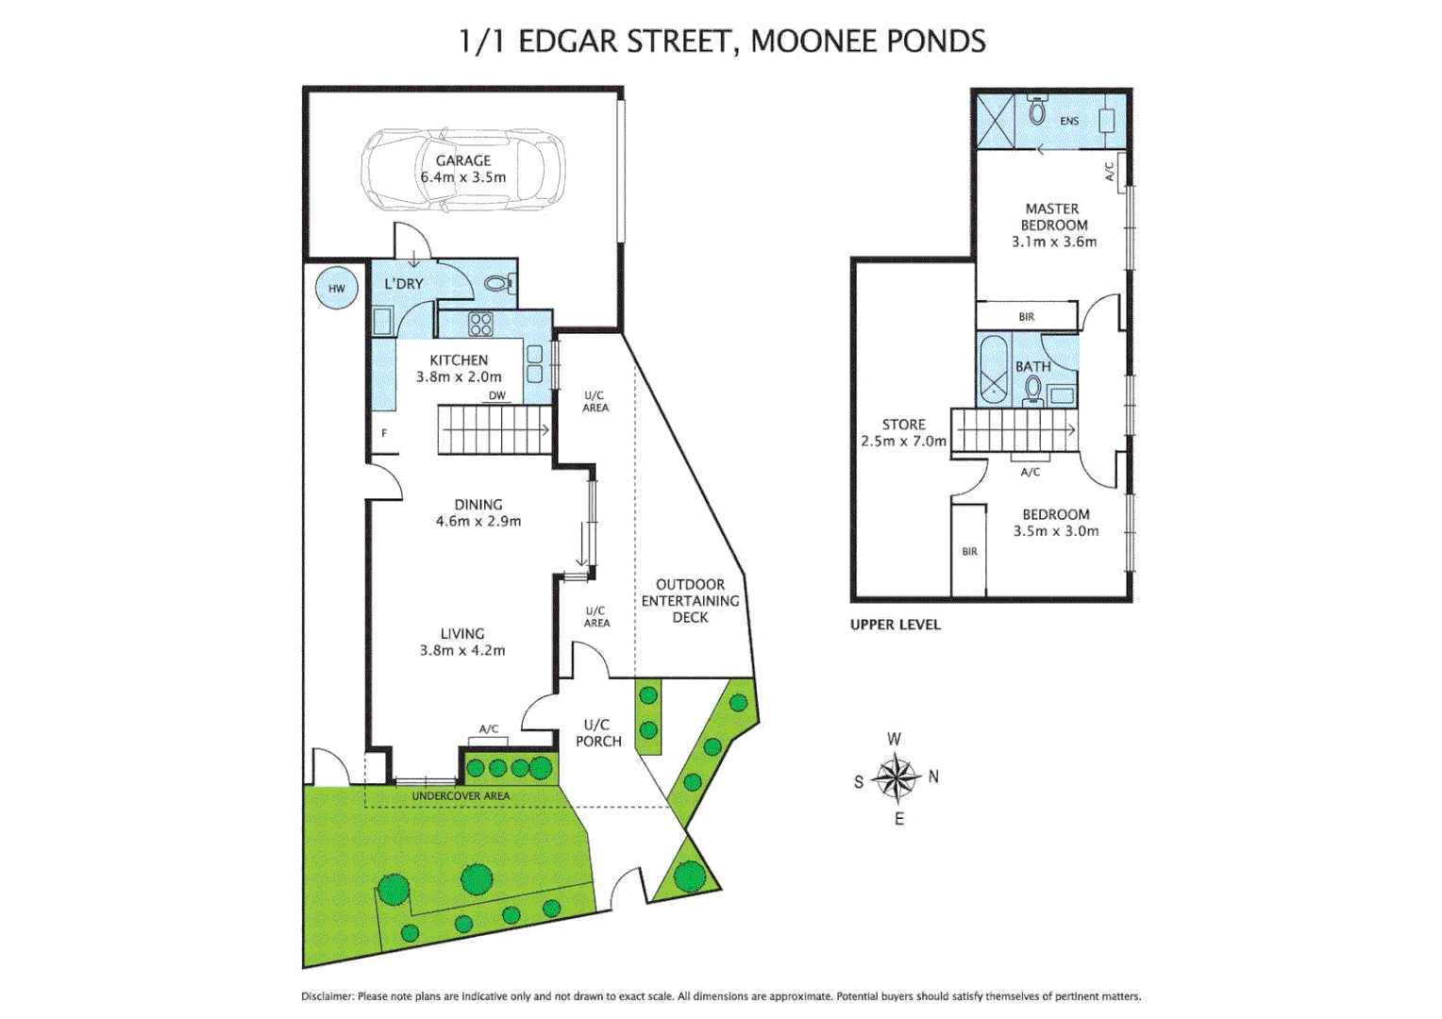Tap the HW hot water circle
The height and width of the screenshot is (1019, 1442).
pos(337,289)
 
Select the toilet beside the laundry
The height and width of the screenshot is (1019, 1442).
pos(498,283)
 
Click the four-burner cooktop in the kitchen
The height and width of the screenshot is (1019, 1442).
pos(480,325)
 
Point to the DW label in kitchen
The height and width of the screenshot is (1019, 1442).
pos(497,395)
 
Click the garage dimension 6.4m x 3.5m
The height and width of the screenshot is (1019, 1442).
pos(463,177)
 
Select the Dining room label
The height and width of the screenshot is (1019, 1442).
pos(478,505)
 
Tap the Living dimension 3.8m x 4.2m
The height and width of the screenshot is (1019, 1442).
pos(462,650)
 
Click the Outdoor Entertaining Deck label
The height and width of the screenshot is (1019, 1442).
pos(690,601)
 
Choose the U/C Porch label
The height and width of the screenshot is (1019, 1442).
pos(598,733)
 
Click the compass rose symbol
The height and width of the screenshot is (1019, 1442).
pos(897,778)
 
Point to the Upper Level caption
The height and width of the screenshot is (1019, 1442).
pos(895,625)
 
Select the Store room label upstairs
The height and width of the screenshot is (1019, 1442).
pos(903,425)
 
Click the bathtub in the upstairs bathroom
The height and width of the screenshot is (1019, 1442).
pos(993,368)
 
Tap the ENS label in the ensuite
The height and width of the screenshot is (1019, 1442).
pos(1069,121)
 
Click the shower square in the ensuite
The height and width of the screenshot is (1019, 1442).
pos(995,120)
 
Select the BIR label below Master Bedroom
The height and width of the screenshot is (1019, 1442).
pos(1026,317)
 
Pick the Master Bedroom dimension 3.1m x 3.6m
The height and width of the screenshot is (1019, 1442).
pos(1054,242)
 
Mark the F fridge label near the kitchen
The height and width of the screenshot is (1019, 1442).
pos(384,433)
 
